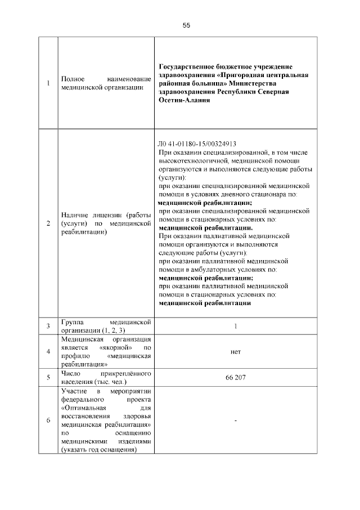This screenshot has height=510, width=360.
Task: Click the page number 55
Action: point(186,25)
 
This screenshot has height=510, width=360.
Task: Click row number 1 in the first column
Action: point(48,84)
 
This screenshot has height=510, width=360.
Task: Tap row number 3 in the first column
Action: point(48,326)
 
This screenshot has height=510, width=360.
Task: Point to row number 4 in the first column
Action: point(48,352)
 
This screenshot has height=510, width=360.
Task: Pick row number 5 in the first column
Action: point(48,377)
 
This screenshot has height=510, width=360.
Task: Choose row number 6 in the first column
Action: point(48,420)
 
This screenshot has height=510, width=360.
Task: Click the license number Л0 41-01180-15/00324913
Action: point(197,144)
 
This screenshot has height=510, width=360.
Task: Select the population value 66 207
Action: point(236,377)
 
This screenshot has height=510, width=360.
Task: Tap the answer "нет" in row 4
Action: point(236,352)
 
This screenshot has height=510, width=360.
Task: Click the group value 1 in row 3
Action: point(236,326)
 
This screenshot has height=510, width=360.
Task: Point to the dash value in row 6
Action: point(236,420)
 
